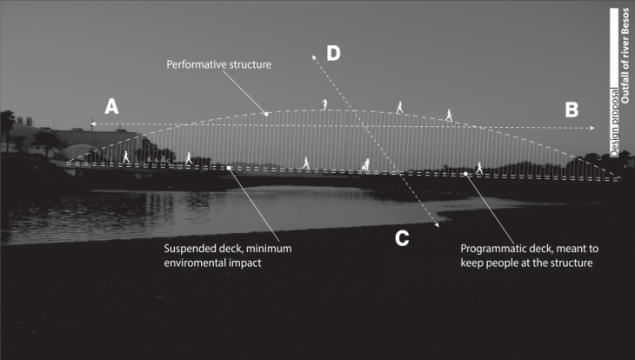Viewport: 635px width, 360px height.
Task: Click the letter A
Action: click(x=111, y=107)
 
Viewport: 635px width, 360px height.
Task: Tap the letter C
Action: click(x=402, y=237)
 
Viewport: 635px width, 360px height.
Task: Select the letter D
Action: click(x=333, y=53)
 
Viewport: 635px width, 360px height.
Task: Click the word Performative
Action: click(x=197, y=65)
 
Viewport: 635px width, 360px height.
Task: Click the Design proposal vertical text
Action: click(x=614, y=122)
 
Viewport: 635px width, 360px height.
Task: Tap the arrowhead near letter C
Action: click(x=436, y=226)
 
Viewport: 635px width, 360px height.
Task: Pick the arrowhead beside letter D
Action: click(x=311, y=52)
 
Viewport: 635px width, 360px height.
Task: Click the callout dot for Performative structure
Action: click(x=266, y=114)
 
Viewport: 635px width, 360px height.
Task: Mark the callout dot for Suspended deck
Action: click(x=229, y=168)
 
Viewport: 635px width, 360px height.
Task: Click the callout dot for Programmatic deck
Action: click(x=466, y=174)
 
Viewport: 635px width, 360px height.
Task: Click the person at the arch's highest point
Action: click(x=324, y=104)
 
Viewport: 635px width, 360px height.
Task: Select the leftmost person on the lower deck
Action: click(x=126, y=157)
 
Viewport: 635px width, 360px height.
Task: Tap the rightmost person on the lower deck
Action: click(x=478, y=167)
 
